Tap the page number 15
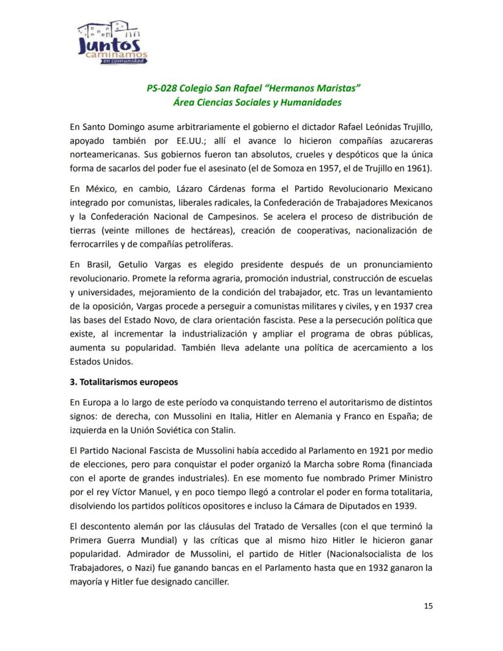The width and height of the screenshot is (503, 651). [x=428, y=605]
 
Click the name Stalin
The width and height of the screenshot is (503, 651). [x=228, y=430]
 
